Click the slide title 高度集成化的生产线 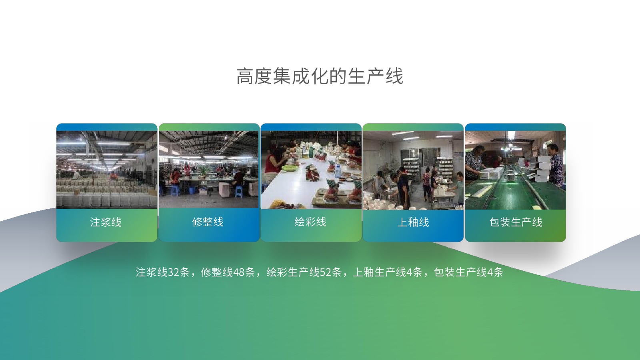[x=320, y=76]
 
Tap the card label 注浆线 [x=106, y=222]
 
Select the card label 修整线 [x=208, y=222]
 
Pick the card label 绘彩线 [x=310, y=222]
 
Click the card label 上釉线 [x=413, y=222]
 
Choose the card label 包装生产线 [x=516, y=222]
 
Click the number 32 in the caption [x=174, y=272]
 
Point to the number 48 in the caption [x=238, y=272]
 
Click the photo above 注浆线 [x=107, y=170]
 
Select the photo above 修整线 [x=209, y=170]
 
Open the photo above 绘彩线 [x=311, y=170]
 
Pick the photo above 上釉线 [x=413, y=170]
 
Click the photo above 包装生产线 [x=516, y=170]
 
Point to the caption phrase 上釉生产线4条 [x=388, y=272]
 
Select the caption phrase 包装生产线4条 [x=468, y=272]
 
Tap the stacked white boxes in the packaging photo [x=544, y=168]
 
